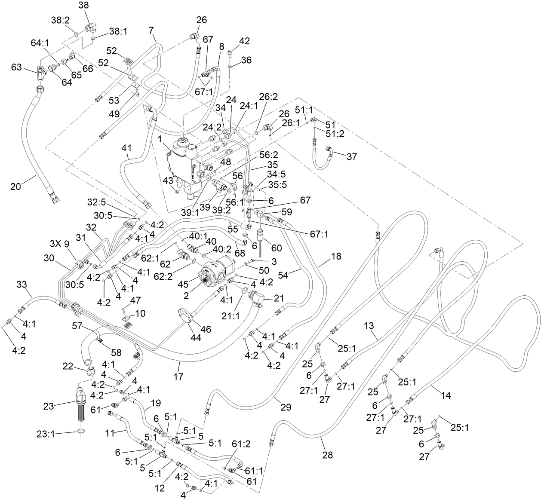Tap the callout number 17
[x=178, y=377]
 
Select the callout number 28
[x=328, y=455]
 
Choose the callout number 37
[x=352, y=157]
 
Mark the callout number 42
[x=244, y=41]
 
